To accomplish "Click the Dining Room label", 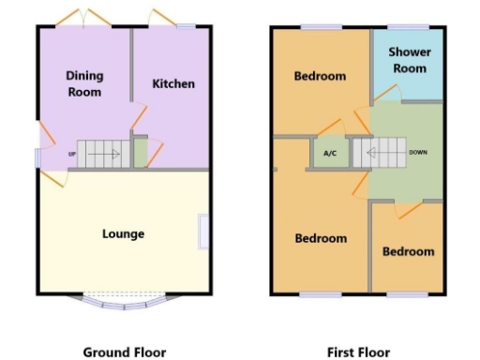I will (84, 83).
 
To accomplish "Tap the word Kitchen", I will (173, 83).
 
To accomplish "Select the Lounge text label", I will (123, 233).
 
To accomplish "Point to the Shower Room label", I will (407, 60).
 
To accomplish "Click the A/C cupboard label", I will (329, 153).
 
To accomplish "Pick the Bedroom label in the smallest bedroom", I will (408, 251).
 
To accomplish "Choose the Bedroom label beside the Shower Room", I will (320, 76).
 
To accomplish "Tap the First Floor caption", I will (358, 352).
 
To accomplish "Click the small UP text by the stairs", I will (71, 154).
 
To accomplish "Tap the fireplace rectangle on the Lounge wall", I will (203, 232).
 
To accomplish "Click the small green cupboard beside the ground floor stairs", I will (140, 153).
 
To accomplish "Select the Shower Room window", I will (405, 26).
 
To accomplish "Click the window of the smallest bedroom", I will (405, 293).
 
